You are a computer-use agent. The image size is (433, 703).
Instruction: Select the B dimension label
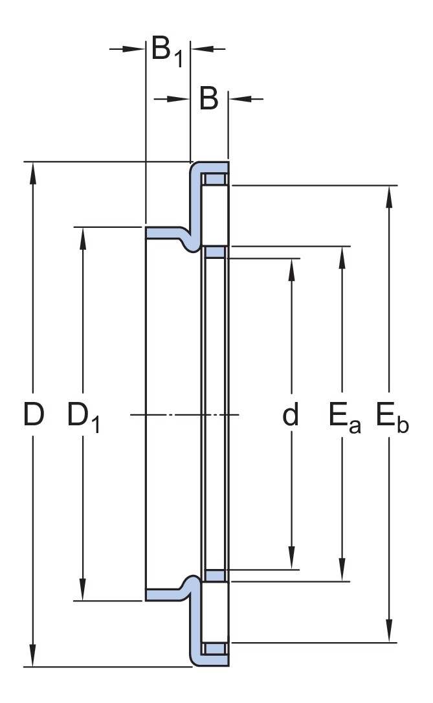pyautogui.click(x=208, y=99)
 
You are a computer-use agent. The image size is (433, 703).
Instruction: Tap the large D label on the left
pyautogui.click(x=33, y=415)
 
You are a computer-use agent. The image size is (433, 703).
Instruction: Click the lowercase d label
pyautogui.click(x=291, y=415)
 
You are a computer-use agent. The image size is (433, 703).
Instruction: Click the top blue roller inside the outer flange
pyautogui.click(x=214, y=179)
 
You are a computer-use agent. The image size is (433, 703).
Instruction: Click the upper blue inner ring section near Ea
pyautogui.click(x=214, y=252)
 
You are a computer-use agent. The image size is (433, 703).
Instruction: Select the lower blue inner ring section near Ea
pyautogui.click(x=214, y=575)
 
